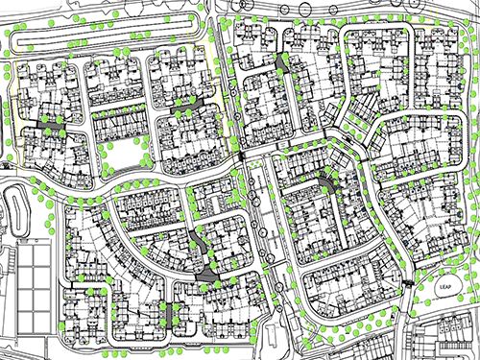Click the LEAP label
[x=444, y=288]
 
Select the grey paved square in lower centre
[x=207, y=275]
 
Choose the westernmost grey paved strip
[x=52, y=125]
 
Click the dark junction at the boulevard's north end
[x=244, y=154]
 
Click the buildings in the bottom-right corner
[x=446, y=341]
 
